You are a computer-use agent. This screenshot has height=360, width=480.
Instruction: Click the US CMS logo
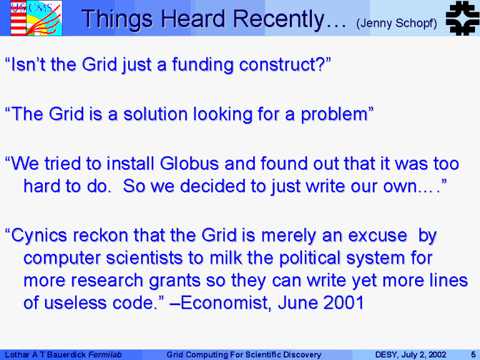(x=36, y=18)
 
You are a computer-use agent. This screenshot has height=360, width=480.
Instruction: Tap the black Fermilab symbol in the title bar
(x=462, y=18)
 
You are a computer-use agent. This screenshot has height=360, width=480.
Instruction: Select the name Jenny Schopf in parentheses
(x=396, y=23)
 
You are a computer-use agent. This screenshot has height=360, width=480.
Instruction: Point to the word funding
(x=202, y=65)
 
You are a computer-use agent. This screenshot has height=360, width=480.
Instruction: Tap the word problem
(x=334, y=115)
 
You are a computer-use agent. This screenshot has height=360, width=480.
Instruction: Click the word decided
(x=212, y=186)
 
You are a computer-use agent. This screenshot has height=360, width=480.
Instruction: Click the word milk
(x=226, y=257)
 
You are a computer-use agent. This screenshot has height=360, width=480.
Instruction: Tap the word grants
(x=174, y=281)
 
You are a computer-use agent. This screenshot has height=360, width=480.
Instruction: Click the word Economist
(x=226, y=302)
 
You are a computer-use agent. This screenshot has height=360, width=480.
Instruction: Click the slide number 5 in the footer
(x=473, y=355)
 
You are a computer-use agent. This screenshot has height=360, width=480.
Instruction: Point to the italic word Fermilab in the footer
(x=105, y=355)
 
